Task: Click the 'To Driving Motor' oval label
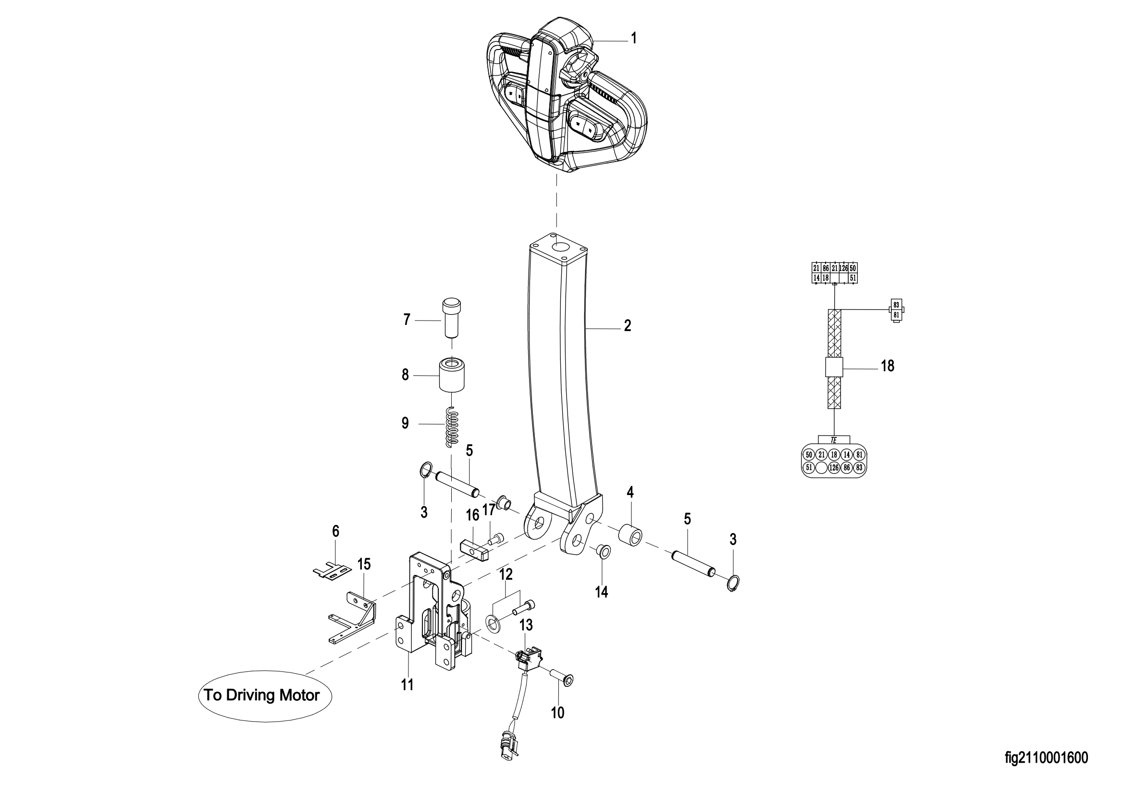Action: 265,696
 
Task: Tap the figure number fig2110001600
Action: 1047,758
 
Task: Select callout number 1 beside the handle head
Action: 634,38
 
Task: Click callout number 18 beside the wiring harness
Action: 888,366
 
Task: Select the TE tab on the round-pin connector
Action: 834,440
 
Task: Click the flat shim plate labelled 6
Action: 333,572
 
